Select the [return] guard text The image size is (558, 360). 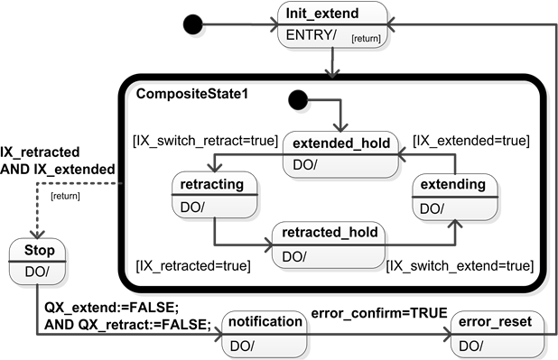(x=366, y=38)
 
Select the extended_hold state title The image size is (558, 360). (x=341, y=143)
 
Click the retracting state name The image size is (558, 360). (x=212, y=185)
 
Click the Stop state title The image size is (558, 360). (x=40, y=249)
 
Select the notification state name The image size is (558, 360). (x=265, y=321)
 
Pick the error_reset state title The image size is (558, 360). (x=501, y=321)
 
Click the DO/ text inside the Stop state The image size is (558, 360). (x=38, y=272)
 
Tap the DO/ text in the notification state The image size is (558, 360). (x=243, y=346)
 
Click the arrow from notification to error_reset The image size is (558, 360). (x=379, y=333)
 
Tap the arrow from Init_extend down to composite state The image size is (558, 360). (x=335, y=63)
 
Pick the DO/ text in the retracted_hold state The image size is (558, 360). (x=294, y=256)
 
